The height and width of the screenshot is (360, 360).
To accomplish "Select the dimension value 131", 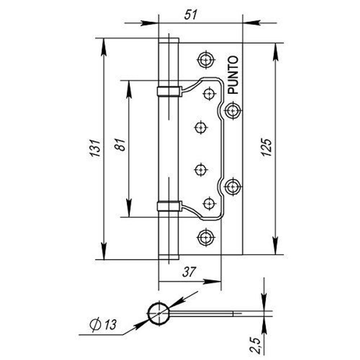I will tap(94, 148).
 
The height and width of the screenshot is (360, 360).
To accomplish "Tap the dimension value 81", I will tap(121, 144).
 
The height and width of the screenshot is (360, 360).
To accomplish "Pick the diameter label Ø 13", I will tap(103, 324).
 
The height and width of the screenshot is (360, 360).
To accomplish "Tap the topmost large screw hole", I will tap(206, 59).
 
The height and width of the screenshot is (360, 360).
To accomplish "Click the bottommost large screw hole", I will tap(206, 237).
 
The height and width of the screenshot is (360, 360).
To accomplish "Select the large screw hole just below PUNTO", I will tap(233, 110).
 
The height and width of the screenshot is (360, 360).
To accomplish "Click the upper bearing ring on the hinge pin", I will tap(168, 91).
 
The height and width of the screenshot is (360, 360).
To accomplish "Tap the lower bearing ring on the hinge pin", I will tap(168, 206).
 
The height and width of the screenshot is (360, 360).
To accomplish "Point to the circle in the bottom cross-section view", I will tap(158, 314).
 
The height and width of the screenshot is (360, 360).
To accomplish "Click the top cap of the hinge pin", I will tap(168, 40).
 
